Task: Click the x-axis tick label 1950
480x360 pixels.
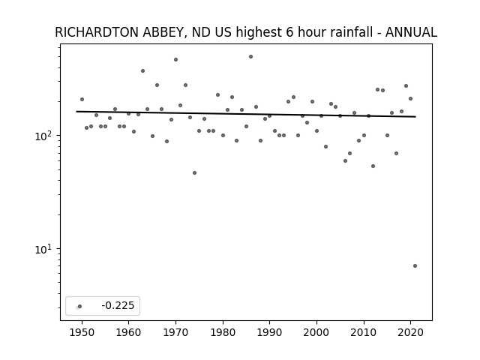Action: click(82, 332)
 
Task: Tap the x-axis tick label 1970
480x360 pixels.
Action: click(175, 332)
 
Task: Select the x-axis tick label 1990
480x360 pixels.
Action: click(270, 332)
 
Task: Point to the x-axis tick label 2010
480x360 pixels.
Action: click(364, 332)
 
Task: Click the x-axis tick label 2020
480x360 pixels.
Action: click(411, 332)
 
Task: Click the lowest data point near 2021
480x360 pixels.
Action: click(415, 265)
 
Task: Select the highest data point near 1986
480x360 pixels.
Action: click(250, 57)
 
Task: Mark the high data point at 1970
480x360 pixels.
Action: click(175, 60)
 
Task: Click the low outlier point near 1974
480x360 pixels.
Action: click(194, 173)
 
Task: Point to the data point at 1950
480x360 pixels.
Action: click(82, 99)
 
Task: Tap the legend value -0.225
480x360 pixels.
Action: click(118, 305)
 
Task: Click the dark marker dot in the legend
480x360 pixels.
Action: click(80, 306)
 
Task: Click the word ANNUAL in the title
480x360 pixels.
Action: click(411, 32)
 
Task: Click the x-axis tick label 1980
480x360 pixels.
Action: click(223, 332)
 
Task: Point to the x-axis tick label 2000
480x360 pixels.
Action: click(316, 332)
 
